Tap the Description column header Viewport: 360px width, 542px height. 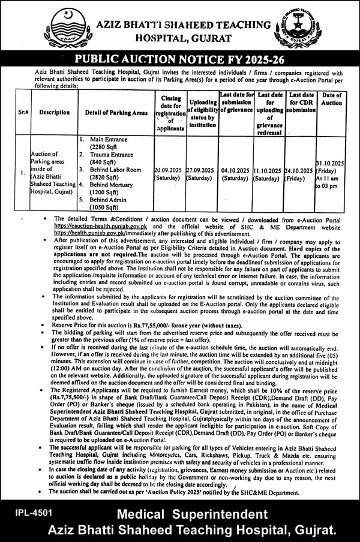(x=55, y=112)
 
